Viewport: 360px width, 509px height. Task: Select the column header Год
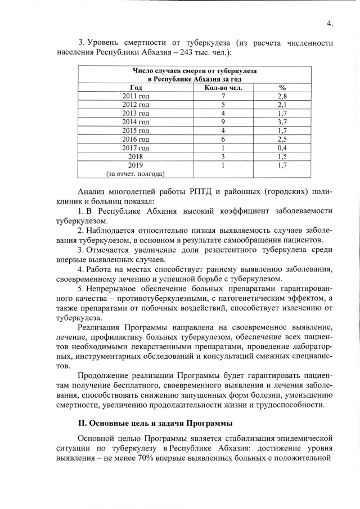point(136,88)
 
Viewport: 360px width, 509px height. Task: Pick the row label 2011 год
point(136,97)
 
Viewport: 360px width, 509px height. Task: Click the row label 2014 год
point(136,122)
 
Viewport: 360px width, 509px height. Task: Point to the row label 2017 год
point(136,147)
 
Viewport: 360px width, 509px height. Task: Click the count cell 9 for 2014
point(208,122)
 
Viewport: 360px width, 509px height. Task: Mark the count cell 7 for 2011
point(208,97)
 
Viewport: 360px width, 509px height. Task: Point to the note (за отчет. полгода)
point(136,174)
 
